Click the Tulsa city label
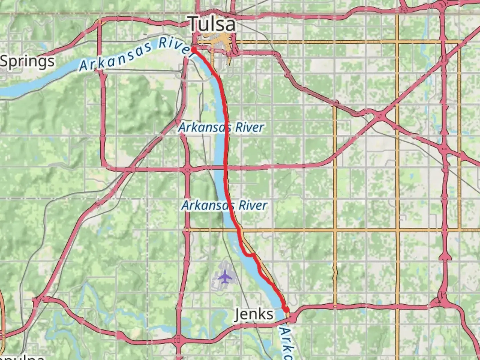tap(212, 24)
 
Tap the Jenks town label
tap(254, 314)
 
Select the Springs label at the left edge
tap(27, 62)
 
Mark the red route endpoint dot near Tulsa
tap(193, 49)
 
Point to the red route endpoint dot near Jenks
tap(286, 310)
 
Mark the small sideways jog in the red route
tap(250, 255)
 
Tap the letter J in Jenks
tap(238, 314)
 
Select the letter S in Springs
tap(5, 62)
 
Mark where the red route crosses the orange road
tap(238, 230)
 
